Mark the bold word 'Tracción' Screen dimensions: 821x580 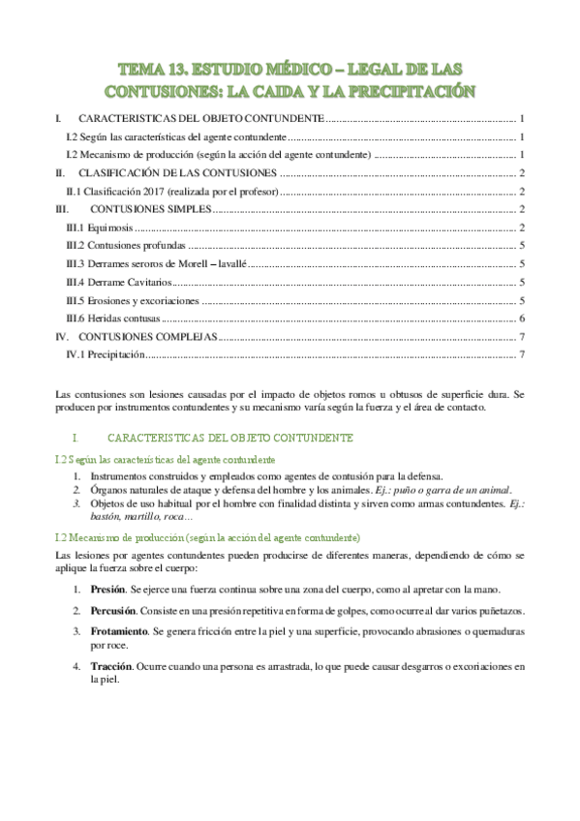click(110, 667)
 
